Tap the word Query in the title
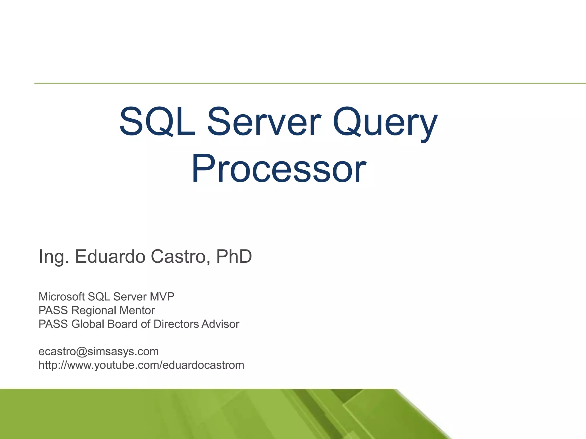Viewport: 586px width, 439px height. (385, 122)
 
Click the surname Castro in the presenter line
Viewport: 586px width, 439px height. (178, 256)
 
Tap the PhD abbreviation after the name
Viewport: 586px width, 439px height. (234, 256)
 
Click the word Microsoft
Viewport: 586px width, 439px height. (62, 297)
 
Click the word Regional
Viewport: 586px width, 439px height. (94, 310)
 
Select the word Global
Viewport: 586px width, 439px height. (88, 324)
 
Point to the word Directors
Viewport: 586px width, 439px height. (176, 324)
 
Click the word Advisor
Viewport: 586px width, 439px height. (220, 324)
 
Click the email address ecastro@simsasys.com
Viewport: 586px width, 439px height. (98, 352)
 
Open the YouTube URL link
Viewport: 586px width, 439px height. (141, 365)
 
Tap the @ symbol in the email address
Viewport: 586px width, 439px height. (82, 352)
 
